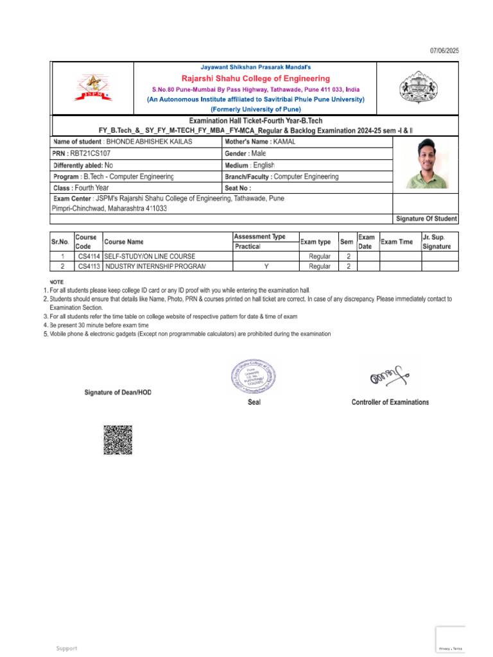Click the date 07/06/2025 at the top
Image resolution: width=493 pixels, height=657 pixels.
pos(444,51)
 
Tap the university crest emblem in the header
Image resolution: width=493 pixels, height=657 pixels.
pos(417,88)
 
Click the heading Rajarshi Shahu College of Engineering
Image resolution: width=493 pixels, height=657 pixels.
pos(255,79)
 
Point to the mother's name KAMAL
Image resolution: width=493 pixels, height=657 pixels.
pos(284,142)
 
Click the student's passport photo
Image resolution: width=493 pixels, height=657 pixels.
pos(424,164)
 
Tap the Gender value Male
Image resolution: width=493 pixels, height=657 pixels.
pos(259,153)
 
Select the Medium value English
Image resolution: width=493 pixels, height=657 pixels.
pos(263,165)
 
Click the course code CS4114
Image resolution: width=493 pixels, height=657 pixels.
pos(89,257)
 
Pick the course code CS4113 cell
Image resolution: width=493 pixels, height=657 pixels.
pos(89,266)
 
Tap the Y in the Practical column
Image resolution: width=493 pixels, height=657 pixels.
pos(266,266)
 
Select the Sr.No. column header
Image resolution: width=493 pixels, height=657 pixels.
pos(62,242)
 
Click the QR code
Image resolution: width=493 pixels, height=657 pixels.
pos(117,439)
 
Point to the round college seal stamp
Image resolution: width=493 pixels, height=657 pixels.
pos(254,377)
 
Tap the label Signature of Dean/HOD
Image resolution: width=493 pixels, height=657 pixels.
pos(118,392)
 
